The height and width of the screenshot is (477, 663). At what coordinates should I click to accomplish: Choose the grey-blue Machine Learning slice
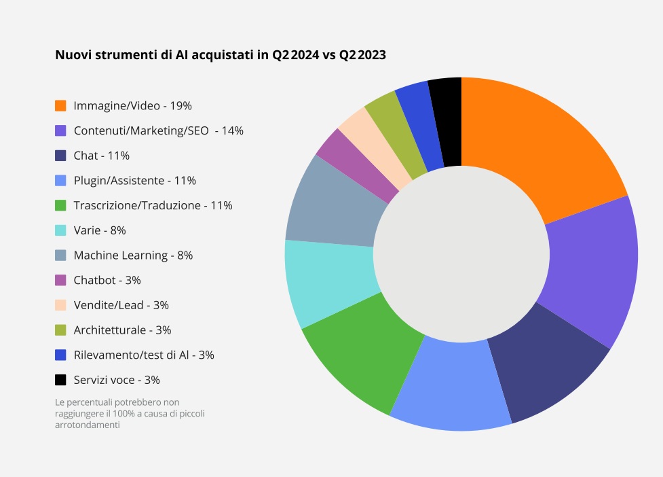(x=333, y=204)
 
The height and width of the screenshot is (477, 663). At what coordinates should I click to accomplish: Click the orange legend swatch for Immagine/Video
(x=60, y=105)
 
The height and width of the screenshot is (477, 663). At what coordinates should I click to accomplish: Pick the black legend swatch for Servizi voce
(x=60, y=380)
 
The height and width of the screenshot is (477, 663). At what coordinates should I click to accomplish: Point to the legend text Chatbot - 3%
(x=107, y=280)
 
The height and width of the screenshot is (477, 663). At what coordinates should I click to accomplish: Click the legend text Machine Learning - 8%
(x=133, y=255)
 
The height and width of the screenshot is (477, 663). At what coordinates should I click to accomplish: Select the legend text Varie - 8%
(x=100, y=230)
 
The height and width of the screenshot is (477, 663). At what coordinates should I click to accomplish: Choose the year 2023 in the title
(x=371, y=55)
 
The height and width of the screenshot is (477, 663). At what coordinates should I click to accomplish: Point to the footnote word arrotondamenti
(x=88, y=425)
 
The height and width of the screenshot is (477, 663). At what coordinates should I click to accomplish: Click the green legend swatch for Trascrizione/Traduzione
(x=60, y=205)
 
